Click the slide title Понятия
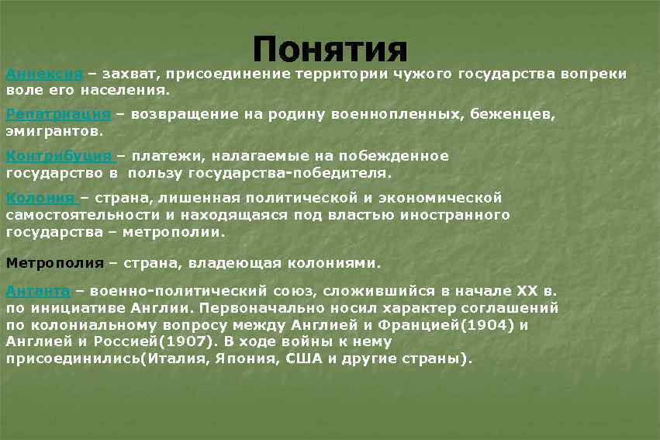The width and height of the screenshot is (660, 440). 330,50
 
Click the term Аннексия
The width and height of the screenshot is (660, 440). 44,74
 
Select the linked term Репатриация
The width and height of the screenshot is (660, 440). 58,115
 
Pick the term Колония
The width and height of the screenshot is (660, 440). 40,197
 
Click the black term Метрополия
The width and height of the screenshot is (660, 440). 54,262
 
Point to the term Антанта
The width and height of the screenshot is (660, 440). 38,291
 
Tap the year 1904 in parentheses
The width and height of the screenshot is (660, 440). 488,324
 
